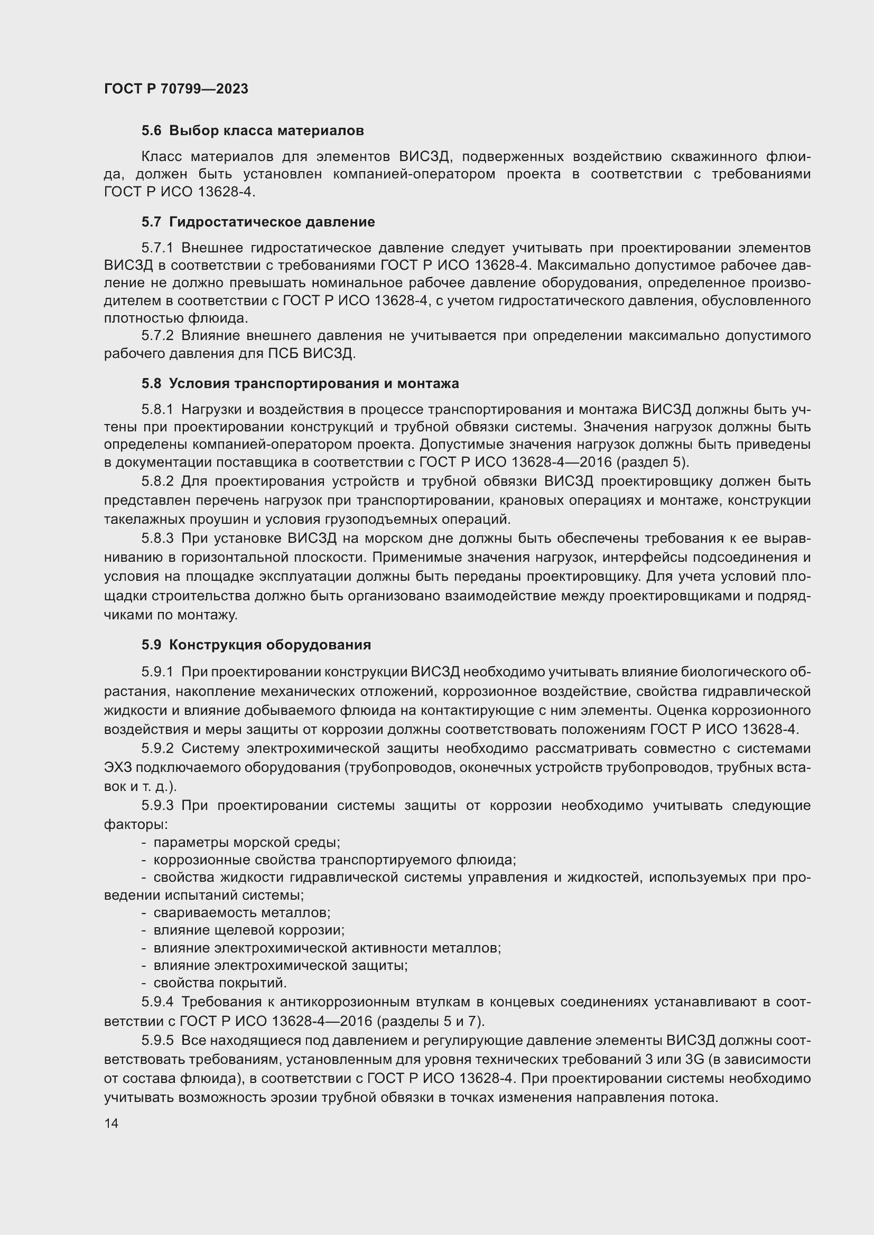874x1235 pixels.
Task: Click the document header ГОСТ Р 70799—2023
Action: coord(176,89)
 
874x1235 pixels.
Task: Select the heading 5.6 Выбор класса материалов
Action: coord(253,131)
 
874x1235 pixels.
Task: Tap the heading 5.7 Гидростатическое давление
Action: coord(258,222)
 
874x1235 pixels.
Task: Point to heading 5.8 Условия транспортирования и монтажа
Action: coord(300,383)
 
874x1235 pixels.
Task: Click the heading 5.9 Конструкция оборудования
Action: coord(256,645)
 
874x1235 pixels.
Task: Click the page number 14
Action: coord(111,1123)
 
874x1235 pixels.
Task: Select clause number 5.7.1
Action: coord(157,248)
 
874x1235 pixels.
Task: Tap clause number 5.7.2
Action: coord(157,336)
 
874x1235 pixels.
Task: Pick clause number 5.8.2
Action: coord(157,481)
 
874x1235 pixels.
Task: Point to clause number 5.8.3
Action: coord(157,539)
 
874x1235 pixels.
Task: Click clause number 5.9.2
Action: coord(157,749)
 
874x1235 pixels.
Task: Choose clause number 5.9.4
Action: coord(157,1002)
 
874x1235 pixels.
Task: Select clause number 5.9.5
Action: coord(157,1041)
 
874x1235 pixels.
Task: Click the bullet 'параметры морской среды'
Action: coord(246,842)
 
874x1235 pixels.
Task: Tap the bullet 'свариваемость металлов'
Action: coord(241,913)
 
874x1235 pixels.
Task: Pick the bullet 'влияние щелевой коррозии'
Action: coord(249,930)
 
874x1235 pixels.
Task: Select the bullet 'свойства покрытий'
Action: coord(220,983)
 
